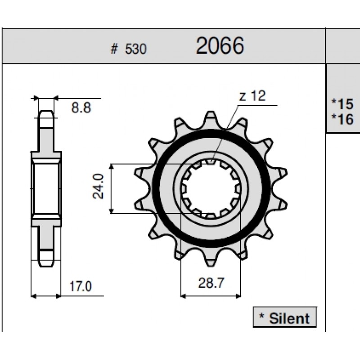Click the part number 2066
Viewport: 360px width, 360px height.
pos(220,45)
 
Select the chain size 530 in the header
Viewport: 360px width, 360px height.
pos(135,49)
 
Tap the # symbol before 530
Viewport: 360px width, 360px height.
pos(114,49)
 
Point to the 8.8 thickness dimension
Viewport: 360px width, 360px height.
pos(81,108)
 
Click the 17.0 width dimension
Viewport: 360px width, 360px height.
pos(81,286)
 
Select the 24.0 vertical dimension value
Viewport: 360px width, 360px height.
pos(98,186)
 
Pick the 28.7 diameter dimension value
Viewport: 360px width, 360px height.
pos(211,283)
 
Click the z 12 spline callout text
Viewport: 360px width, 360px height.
pos(252,96)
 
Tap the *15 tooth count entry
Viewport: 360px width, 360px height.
pos(342,104)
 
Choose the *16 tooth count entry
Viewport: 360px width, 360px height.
pos(342,119)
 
